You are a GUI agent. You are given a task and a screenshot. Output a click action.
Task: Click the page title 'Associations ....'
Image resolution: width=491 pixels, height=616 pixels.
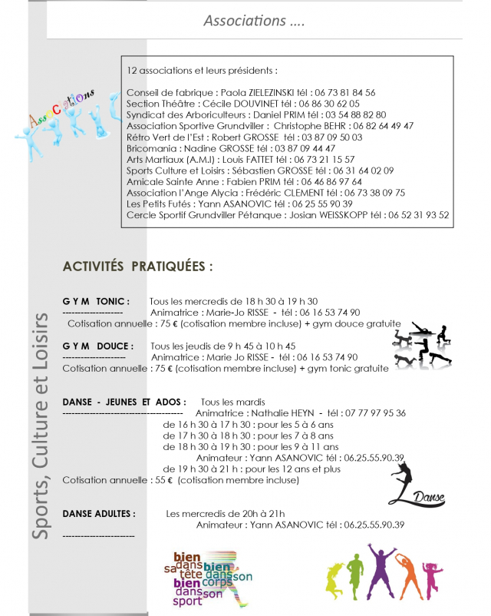pos(254,21)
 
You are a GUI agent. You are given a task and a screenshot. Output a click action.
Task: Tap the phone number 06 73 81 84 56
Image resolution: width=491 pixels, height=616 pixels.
pos(344,93)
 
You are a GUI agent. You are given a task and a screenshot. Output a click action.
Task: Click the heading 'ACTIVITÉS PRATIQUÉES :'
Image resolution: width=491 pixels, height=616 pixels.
pos(137,267)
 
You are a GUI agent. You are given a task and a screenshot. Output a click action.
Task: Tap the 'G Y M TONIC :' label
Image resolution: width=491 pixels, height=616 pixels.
pos(96,302)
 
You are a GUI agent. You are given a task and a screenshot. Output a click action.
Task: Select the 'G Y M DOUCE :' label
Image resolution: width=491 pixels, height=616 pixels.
pos(97,346)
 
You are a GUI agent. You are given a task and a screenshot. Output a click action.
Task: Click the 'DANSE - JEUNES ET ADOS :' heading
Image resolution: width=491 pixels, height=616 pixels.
pos(124,402)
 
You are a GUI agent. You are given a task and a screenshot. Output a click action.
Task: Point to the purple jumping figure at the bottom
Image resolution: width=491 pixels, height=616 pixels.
pos(380,572)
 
